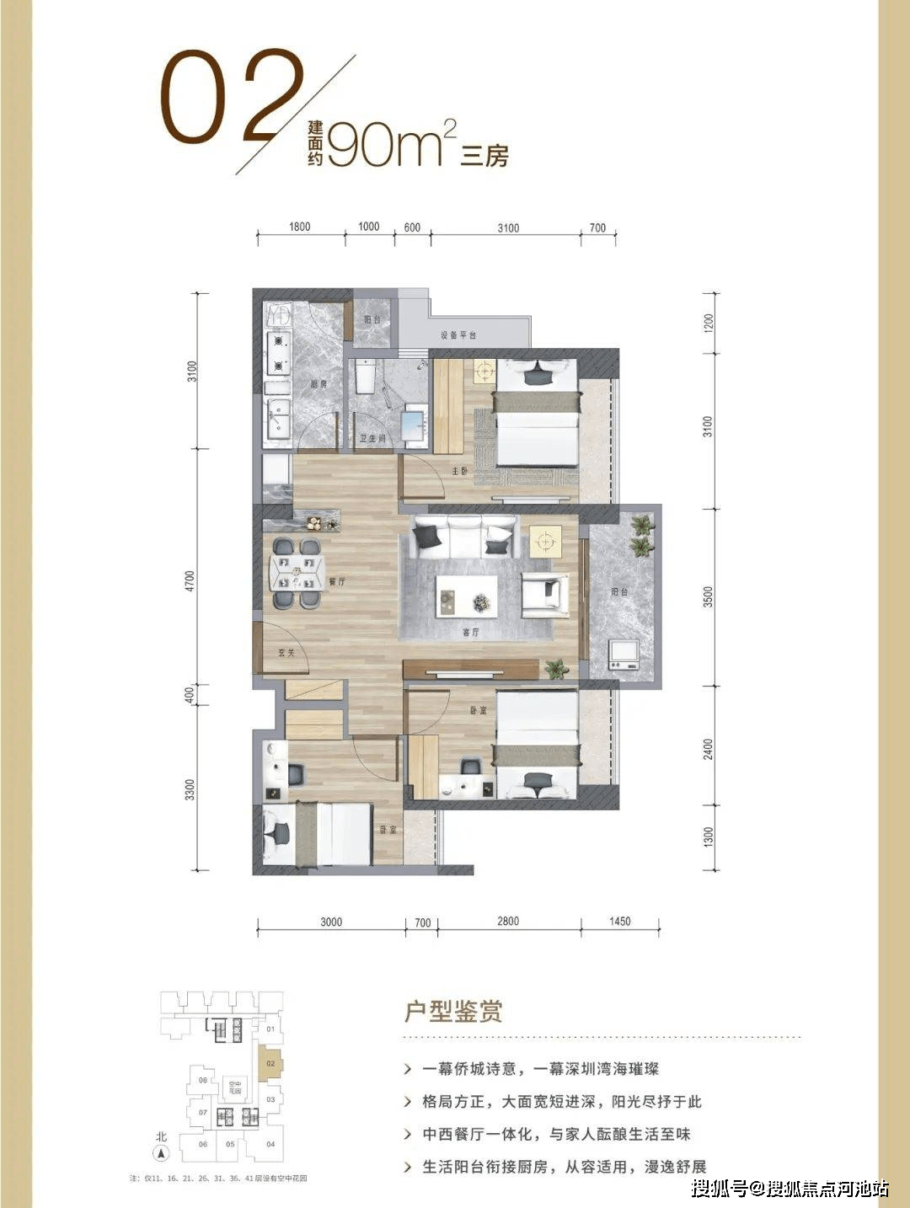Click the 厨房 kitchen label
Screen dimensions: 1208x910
tap(318, 384)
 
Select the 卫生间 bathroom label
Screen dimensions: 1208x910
tap(372, 439)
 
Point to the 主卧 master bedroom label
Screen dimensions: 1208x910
tap(459, 471)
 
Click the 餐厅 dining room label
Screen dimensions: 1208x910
tap(337, 581)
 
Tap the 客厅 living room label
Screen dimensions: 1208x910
tap(470, 632)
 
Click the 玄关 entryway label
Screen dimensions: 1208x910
tap(286, 652)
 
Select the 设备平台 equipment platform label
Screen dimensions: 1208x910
tap(458, 335)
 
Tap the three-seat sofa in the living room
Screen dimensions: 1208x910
tap(464, 537)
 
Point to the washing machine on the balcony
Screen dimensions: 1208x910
tap(624, 655)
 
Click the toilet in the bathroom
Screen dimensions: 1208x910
tap(365, 377)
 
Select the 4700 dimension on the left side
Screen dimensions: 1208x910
tap(190, 580)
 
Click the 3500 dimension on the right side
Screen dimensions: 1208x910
tap(709, 596)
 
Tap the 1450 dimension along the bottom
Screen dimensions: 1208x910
tap(619, 922)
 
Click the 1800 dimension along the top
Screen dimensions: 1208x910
tap(299, 227)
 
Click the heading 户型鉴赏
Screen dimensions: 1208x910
tap(453, 1011)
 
